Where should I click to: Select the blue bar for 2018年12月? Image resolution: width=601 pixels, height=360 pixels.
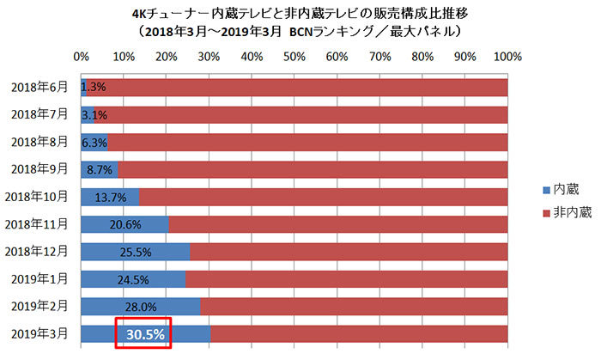pos(136,251)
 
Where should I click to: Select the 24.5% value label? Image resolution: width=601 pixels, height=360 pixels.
pos(134,279)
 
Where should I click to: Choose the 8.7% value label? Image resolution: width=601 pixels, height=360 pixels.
pos(100,169)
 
